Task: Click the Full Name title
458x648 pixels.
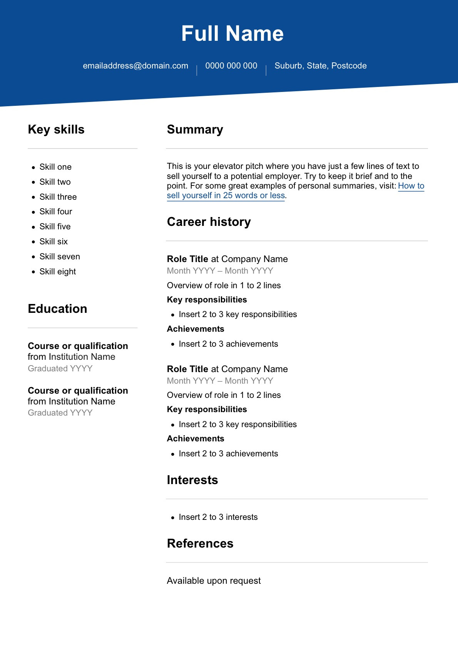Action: pyautogui.click(x=232, y=33)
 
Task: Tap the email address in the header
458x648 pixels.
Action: pyautogui.click(x=135, y=66)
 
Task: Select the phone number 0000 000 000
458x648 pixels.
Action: pyautogui.click(x=231, y=66)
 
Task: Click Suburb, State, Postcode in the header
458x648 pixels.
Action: pyautogui.click(x=320, y=66)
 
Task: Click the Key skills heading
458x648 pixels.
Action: pyautogui.click(x=56, y=130)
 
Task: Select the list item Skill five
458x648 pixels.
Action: pyautogui.click(x=55, y=227)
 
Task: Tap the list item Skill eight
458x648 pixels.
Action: pyautogui.click(x=58, y=272)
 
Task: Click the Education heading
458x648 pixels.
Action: pyautogui.click(x=57, y=309)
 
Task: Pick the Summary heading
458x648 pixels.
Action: pyautogui.click(x=195, y=130)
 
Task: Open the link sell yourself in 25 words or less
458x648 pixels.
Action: pyautogui.click(x=226, y=195)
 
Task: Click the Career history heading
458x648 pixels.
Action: pyautogui.click(x=209, y=222)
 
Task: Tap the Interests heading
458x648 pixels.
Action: pyautogui.click(x=192, y=480)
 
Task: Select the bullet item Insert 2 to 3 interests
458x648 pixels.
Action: pyautogui.click(x=218, y=517)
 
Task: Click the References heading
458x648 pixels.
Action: pyautogui.click(x=200, y=544)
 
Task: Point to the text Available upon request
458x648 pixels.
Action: pyautogui.click(x=214, y=581)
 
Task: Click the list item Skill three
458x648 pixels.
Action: pyautogui.click(x=58, y=197)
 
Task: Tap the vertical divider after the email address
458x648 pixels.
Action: pyautogui.click(x=197, y=70)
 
